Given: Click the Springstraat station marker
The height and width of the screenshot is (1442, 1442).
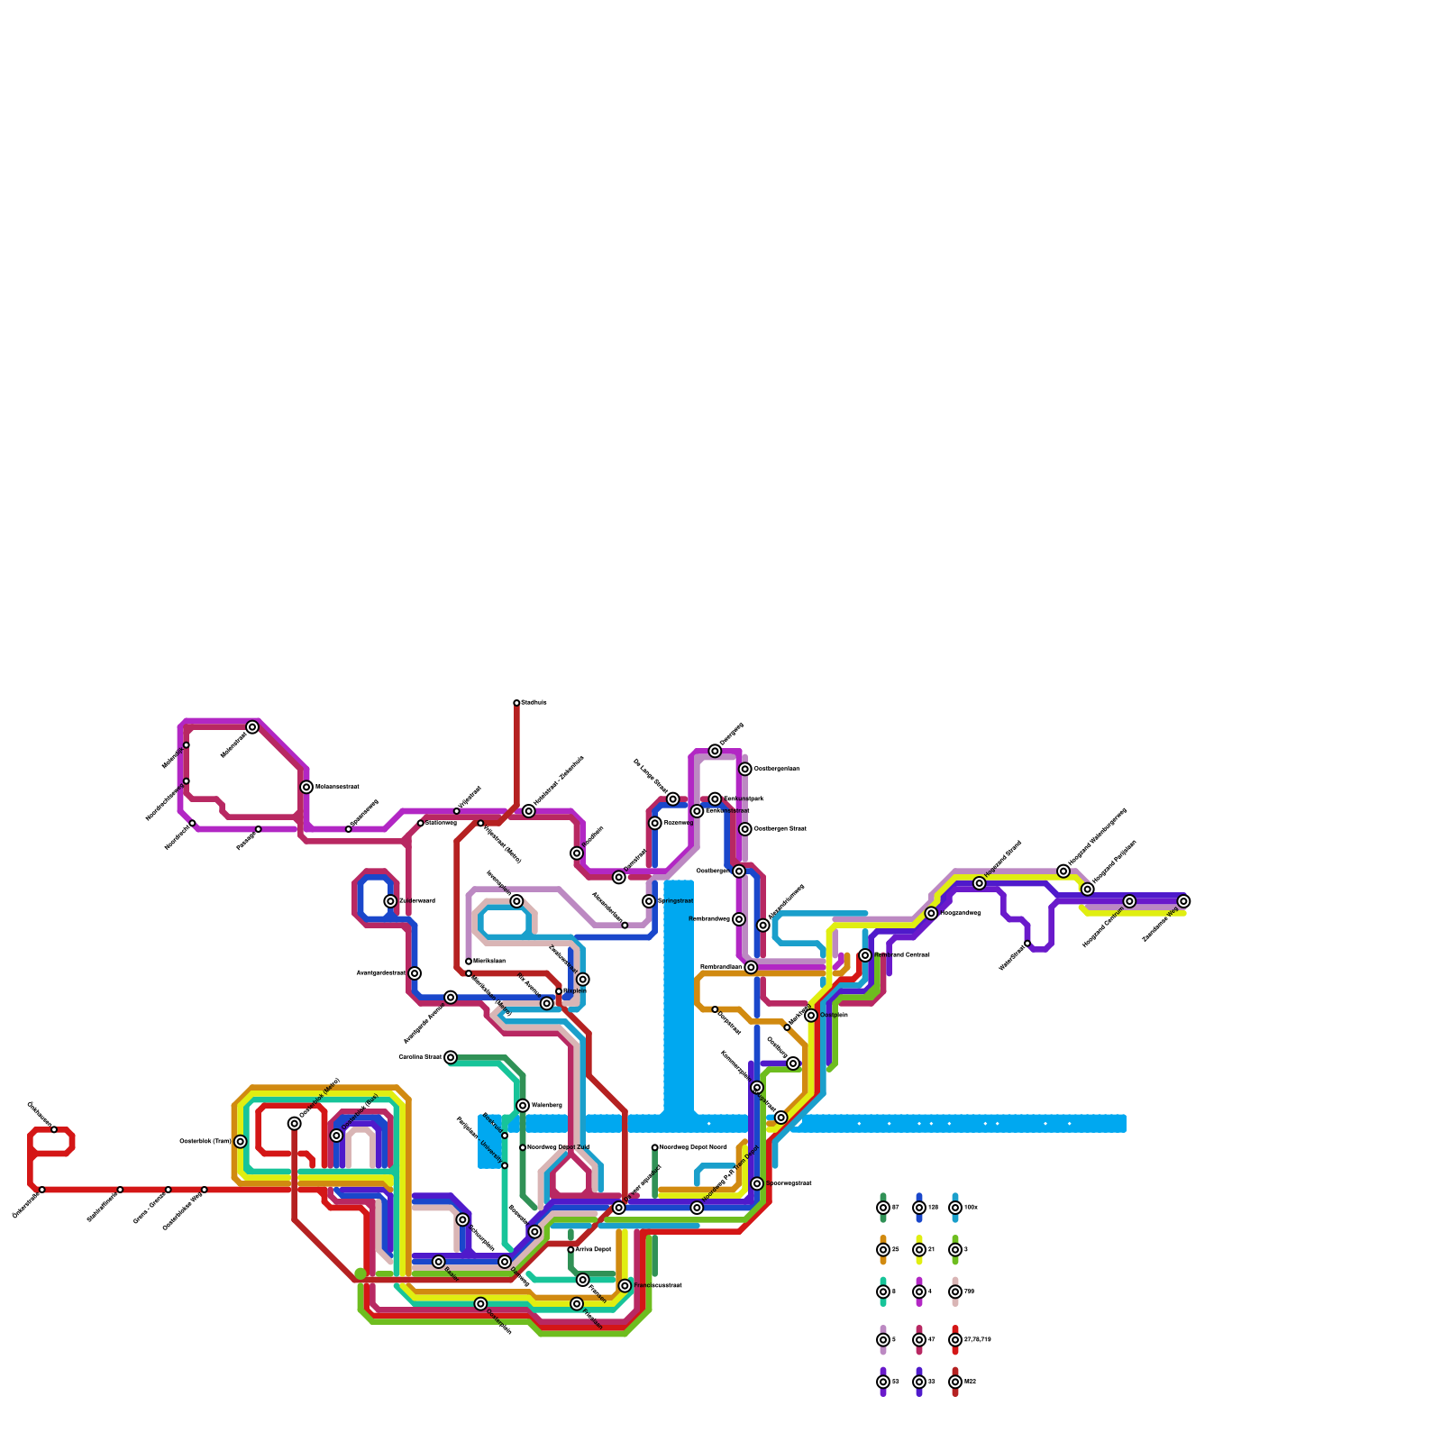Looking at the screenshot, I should coord(649,901).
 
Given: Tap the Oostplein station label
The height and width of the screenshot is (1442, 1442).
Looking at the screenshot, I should coord(834,1015).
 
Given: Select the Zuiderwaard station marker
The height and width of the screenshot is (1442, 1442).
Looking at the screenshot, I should coord(390,901).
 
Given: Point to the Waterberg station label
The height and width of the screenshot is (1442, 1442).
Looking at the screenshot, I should coord(546,1105).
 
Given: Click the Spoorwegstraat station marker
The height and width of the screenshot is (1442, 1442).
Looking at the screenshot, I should coord(757,1183).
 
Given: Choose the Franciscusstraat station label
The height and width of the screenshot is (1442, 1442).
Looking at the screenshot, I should coord(658,1285).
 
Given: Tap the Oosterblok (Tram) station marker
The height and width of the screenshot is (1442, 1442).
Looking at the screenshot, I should coord(241,1142).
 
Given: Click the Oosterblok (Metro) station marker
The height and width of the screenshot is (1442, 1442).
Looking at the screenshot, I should coord(295,1123).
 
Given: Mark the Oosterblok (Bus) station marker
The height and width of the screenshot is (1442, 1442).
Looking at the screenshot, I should coord(337,1136).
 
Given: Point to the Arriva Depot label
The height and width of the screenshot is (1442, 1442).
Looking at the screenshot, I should coord(593,1249).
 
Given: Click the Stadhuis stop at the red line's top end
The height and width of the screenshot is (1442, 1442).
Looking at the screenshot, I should coord(516,703).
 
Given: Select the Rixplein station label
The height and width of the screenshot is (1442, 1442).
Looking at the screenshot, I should coord(575,990).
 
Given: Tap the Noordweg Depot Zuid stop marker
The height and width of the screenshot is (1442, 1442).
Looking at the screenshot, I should coord(523,1147).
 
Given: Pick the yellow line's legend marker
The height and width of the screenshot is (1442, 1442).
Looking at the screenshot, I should coord(919,1250).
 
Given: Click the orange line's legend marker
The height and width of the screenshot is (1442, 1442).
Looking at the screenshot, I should coord(883,1250).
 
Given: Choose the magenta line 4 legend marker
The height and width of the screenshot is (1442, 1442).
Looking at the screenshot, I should coord(919,1291).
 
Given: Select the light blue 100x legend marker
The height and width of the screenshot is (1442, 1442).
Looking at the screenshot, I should coord(955,1208).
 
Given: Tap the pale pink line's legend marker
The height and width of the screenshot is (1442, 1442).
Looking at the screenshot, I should coord(955,1291).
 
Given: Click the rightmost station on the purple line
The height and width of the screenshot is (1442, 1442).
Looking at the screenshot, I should coord(1183,901).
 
